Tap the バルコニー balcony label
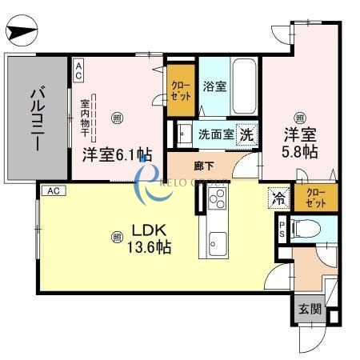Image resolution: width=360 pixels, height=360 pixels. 36,118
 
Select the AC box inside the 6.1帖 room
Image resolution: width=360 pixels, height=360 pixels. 78,70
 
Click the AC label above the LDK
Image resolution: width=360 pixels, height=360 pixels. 52,191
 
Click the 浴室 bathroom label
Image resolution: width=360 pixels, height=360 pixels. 214,86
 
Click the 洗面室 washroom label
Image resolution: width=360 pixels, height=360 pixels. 215,134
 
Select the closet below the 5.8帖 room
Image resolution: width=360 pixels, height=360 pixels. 314,198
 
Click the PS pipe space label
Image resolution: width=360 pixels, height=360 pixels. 281,230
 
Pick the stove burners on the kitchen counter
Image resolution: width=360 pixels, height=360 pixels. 216,201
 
